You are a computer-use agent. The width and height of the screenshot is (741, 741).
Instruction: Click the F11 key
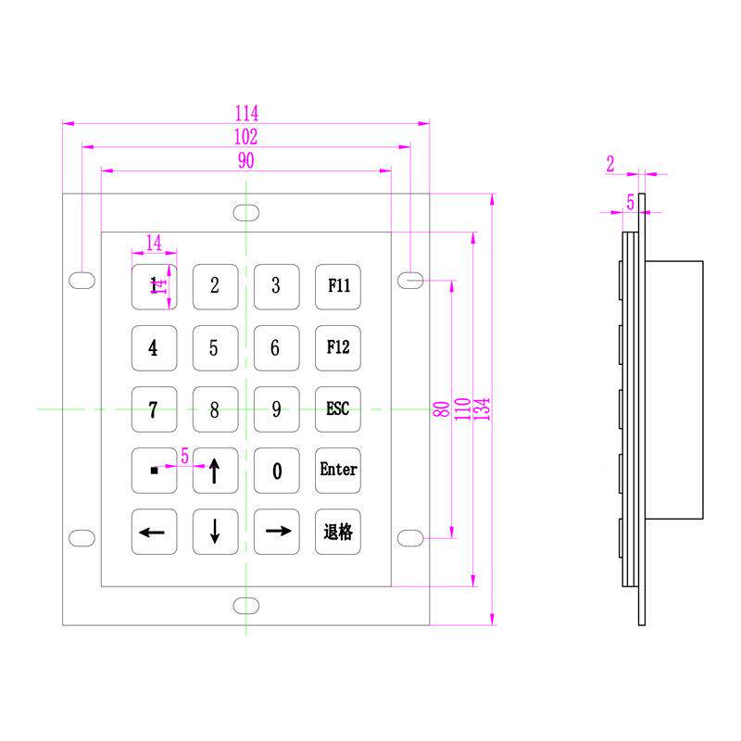[338, 286]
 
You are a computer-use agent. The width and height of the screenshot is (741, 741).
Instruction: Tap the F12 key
[338, 347]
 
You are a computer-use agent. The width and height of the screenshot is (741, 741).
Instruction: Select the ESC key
[338, 408]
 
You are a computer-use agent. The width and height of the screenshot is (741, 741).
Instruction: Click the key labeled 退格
[338, 532]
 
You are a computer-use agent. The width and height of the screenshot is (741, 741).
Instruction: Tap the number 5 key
[214, 347]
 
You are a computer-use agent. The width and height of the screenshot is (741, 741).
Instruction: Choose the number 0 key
[276, 471]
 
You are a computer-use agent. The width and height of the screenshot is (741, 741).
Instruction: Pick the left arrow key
[153, 532]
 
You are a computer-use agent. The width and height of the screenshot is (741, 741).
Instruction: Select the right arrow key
[276, 532]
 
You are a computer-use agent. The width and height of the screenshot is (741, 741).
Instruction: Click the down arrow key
[214, 532]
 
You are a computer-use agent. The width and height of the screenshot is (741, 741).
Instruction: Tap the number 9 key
[276, 408]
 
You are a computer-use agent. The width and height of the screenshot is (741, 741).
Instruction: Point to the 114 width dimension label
[246, 113]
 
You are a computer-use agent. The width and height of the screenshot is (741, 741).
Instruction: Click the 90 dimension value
[246, 161]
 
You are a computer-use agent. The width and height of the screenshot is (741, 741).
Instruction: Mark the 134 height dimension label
[483, 408]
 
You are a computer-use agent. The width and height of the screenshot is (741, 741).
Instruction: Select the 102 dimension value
[246, 137]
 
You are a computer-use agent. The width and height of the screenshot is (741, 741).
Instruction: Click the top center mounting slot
[246, 212]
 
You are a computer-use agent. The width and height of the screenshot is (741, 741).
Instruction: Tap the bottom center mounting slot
[246, 606]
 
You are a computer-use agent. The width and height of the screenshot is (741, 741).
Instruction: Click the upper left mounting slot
[82, 279]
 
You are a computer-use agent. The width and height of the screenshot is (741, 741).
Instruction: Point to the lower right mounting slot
[411, 537]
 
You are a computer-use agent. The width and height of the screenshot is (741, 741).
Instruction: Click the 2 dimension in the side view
[610, 165]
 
